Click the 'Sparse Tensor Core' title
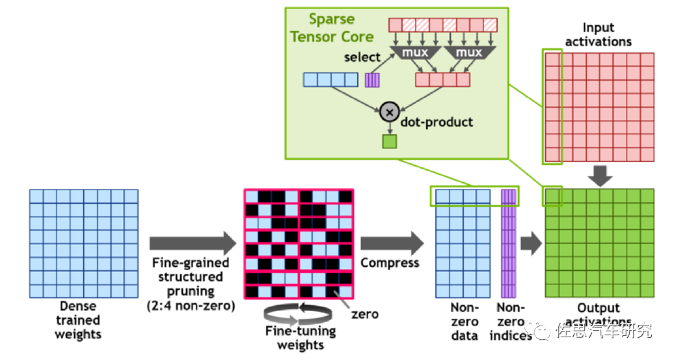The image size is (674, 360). [x=332, y=27]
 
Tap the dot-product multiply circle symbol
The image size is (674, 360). [x=390, y=111]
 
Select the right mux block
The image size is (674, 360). [x=469, y=52]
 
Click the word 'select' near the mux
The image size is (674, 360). [x=362, y=57]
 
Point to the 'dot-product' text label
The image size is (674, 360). [x=438, y=122]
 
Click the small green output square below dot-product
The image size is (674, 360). [x=389, y=141]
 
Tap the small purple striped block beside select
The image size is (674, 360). [x=371, y=80]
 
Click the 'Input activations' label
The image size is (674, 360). [x=598, y=35]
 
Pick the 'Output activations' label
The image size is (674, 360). [x=599, y=314]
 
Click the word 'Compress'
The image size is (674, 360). [x=390, y=263]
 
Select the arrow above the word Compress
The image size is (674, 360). [x=390, y=243]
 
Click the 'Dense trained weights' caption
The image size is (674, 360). [x=78, y=320]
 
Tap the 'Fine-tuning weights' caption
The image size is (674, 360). [x=301, y=337]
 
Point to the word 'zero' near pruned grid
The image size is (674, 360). [x=365, y=314]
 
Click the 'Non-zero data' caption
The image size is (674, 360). [x=465, y=322]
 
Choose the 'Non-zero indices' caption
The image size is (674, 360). [x=511, y=322]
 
